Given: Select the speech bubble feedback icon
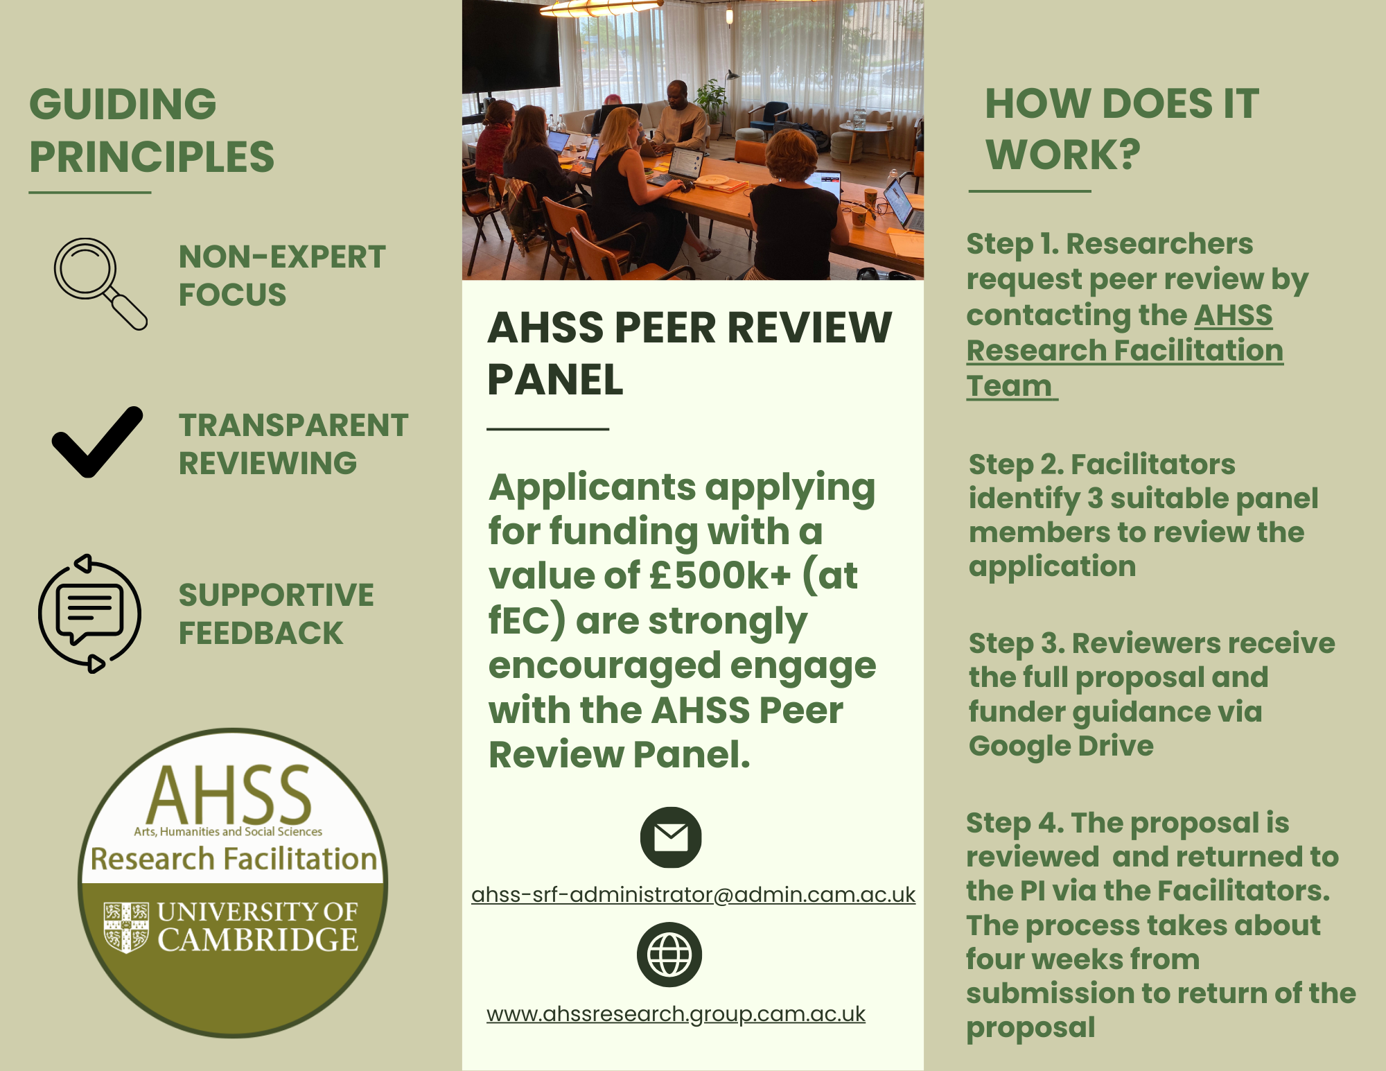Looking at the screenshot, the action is tap(89, 613).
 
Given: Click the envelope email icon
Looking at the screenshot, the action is tap(671, 837).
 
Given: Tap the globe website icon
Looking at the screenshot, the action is tap(669, 955).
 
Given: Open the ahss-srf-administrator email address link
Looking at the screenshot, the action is tap(693, 895).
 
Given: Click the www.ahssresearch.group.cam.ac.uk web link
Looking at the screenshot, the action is tap(676, 1014).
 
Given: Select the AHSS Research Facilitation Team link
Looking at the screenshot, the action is tap(1124, 351).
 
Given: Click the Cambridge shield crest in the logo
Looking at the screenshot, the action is tap(126, 927).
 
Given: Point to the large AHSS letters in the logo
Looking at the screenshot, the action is tap(229, 794).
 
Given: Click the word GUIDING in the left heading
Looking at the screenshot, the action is tap(123, 104).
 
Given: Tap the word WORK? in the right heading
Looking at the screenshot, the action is tap(1062, 154).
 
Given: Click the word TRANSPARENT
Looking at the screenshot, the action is tap(294, 425).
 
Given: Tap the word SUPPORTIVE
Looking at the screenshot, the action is tap(277, 595).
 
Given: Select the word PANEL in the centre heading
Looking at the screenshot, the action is tap(556, 380).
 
